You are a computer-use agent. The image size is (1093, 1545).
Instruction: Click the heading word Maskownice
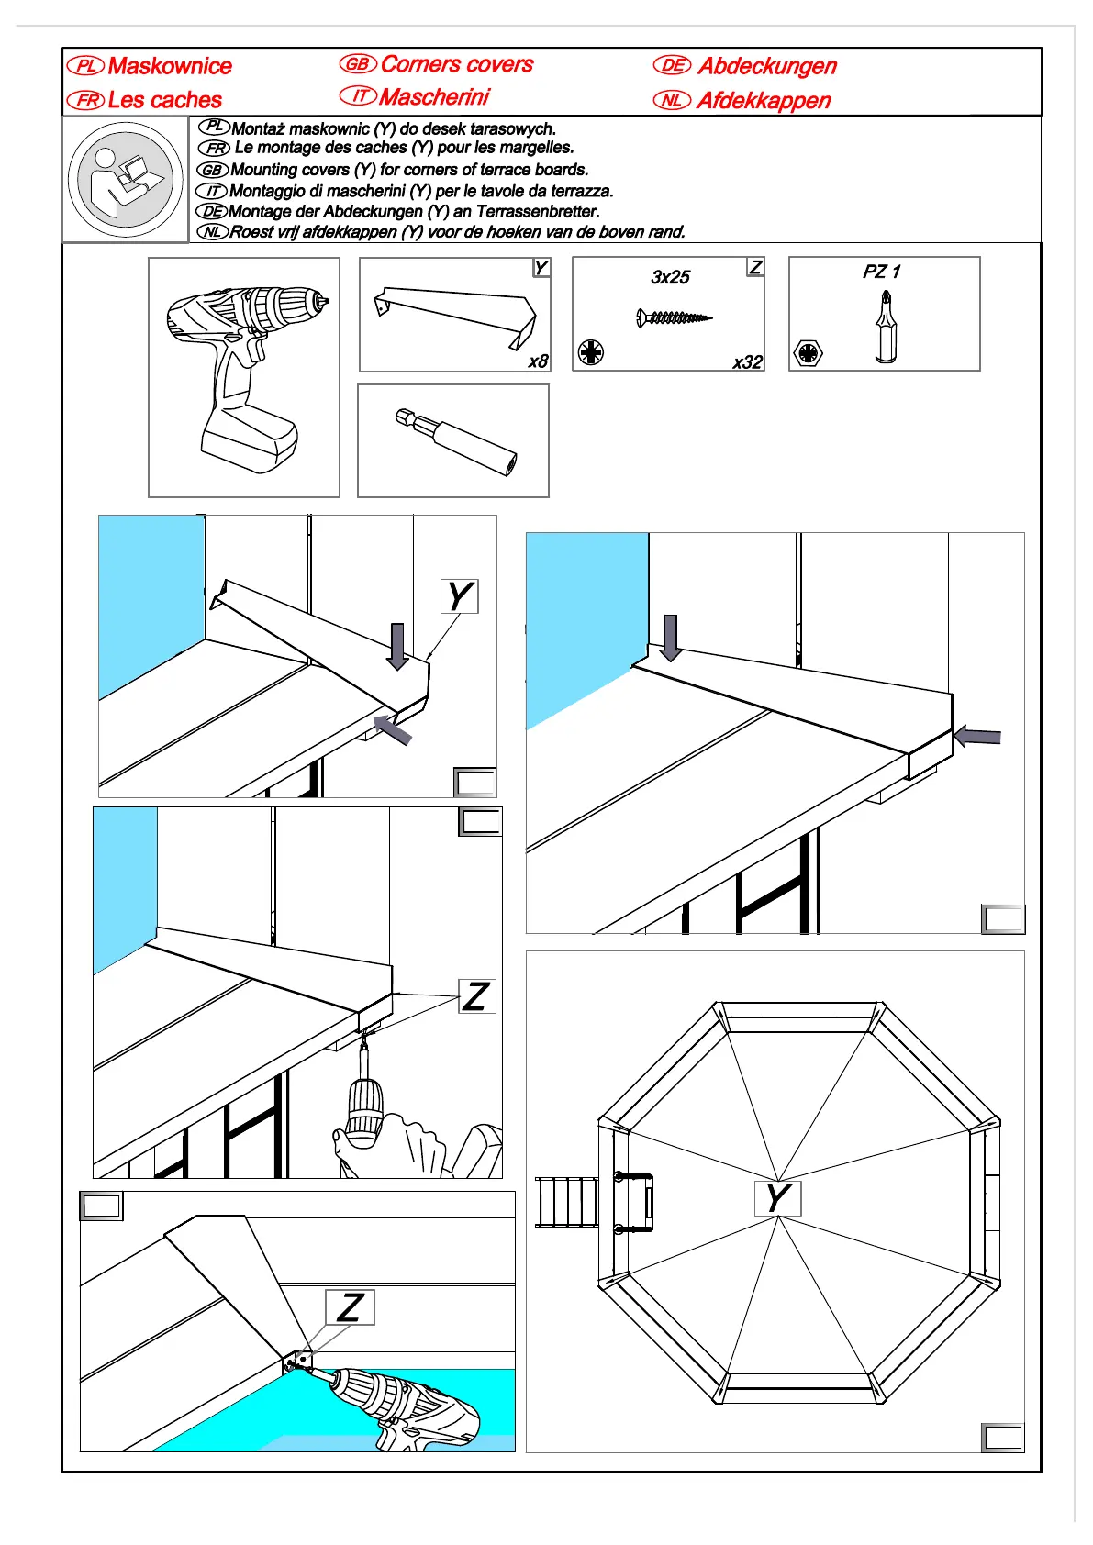pos(170,66)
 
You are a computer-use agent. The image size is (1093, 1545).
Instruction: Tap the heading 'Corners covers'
pos(456,64)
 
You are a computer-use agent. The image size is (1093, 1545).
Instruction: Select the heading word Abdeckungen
pos(767,66)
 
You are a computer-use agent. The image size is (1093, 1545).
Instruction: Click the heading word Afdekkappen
pos(764,101)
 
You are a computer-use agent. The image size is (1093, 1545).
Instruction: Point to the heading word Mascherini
pos(434,97)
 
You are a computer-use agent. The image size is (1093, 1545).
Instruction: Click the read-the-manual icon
pos(125,180)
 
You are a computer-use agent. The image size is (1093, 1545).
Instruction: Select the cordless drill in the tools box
pos(244,377)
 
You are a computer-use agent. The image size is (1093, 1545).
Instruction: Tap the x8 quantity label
pos(538,361)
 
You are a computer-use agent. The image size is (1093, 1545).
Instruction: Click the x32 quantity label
pos(747,362)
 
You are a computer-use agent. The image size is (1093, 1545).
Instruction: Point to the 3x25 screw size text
pos(670,277)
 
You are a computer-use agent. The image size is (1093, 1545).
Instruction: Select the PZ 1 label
pos(881,272)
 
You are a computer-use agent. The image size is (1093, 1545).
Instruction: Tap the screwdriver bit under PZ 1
pos(886,328)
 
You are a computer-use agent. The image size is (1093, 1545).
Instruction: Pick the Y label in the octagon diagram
pos(777,1198)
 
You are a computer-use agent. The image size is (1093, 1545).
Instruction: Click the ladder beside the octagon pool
pos(565,1202)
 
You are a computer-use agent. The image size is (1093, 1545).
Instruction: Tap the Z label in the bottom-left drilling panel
pos(350,1307)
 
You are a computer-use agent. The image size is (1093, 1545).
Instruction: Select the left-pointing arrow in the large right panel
pos(977,736)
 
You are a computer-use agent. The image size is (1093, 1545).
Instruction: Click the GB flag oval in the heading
pos(357,64)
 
